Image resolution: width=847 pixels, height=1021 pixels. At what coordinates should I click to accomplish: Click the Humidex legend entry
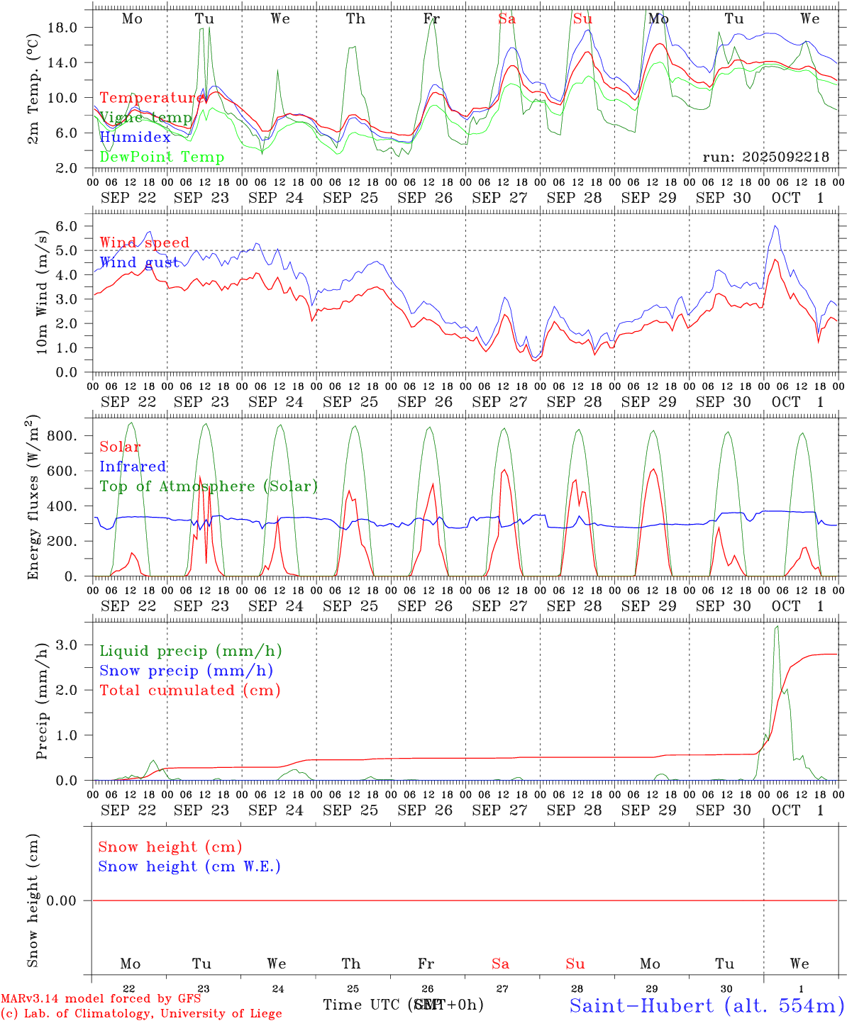coord(135,138)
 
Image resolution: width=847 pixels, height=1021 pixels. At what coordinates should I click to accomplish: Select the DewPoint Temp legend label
coord(162,157)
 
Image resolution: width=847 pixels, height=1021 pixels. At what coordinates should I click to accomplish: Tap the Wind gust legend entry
coord(139,262)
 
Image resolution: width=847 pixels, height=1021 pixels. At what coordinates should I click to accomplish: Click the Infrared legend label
coord(133,467)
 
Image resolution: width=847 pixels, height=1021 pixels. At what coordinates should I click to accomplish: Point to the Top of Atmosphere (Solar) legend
coord(208,486)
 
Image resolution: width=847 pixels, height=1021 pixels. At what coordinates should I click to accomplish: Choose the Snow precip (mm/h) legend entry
coord(186,671)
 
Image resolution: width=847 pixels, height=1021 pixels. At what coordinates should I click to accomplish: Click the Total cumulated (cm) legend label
coord(189,691)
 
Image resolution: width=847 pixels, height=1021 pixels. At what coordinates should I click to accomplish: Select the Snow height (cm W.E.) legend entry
coord(189,866)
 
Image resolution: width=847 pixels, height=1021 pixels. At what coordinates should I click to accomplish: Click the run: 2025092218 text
coord(765,157)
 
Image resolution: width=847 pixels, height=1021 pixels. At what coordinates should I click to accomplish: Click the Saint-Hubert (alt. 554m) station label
coord(707,1005)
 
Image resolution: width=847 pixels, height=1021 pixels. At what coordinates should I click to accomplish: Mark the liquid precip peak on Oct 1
coord(777,627)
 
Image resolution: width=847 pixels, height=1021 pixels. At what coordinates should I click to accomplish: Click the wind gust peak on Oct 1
coord(776,226)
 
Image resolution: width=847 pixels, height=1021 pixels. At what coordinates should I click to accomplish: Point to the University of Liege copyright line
coord(141,1013)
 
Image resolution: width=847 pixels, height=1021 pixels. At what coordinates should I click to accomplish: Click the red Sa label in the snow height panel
coord(500,964)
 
